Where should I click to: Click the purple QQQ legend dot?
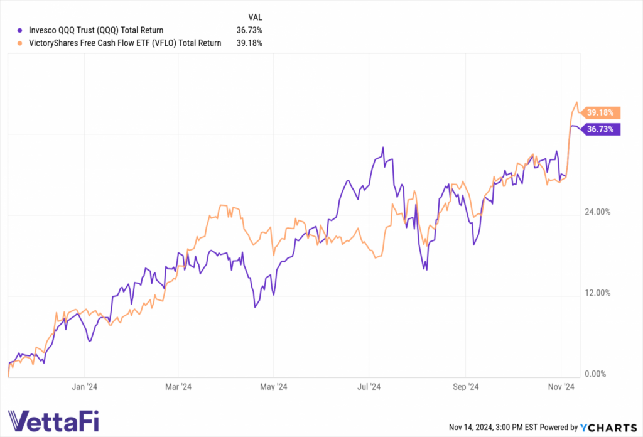21,30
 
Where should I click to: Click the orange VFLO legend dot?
21,43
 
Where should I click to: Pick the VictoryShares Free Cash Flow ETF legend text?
125,43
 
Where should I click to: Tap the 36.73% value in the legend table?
249,30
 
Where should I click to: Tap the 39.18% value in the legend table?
249,43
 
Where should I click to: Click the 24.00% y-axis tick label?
597,212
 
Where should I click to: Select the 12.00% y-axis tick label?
597,293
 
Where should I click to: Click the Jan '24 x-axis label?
84,387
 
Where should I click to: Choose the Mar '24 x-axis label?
178,387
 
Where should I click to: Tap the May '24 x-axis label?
273,387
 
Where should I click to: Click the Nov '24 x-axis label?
560,387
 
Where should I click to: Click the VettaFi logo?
53,420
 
